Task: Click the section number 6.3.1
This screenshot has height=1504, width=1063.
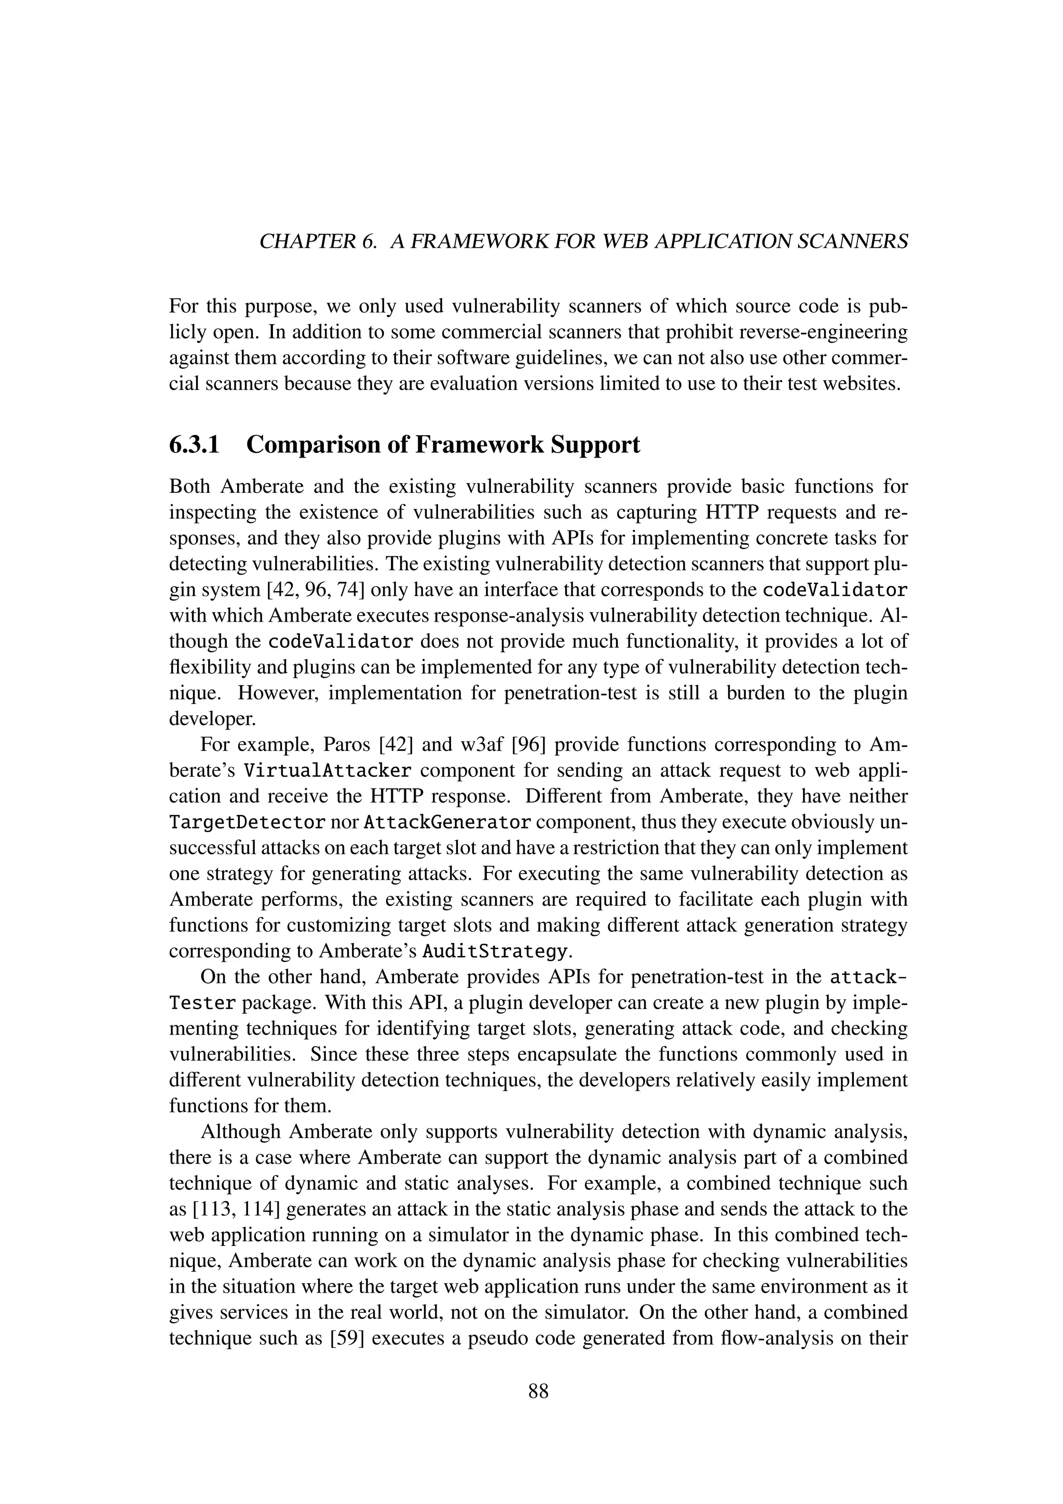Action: point(195,446)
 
